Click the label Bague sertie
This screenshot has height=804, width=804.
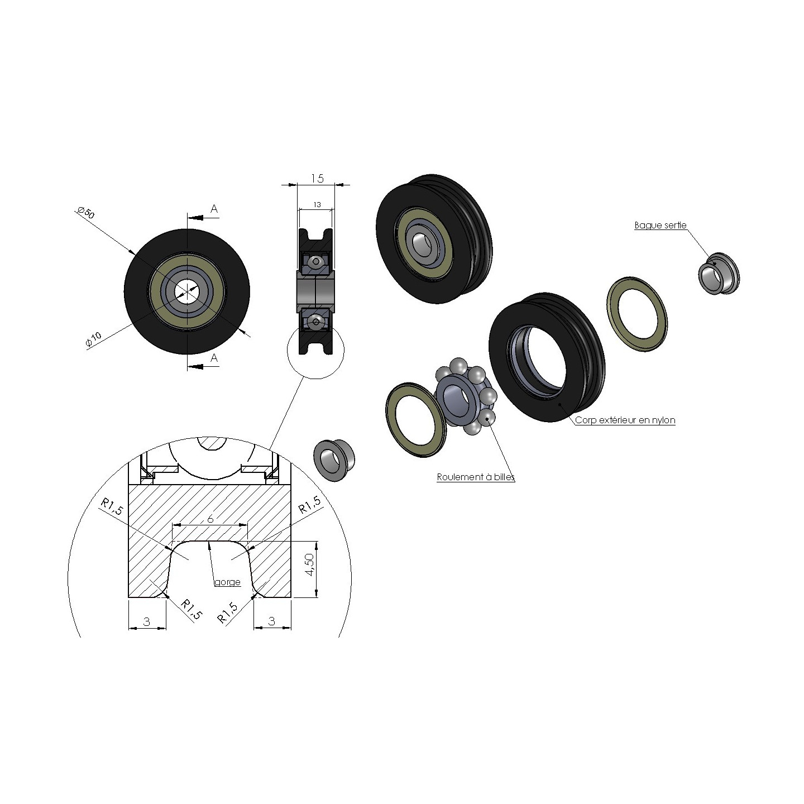pos(661,226)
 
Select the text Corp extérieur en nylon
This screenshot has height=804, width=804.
pos(625,420)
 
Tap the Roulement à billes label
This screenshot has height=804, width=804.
pos(476,477)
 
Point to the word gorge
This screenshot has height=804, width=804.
pos(227,582)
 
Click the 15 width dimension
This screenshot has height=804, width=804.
pos(317,179)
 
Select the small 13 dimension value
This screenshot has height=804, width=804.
pos(317,205)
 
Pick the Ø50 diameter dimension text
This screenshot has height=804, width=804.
pos(86,212)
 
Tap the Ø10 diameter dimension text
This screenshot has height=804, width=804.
pos(93,340)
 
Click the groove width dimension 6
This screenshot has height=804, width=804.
pos(210,519)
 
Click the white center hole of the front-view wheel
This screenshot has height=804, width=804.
pos(185,290)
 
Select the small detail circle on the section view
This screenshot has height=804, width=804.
pos(315,350)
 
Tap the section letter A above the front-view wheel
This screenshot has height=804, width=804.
pos(214,209)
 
